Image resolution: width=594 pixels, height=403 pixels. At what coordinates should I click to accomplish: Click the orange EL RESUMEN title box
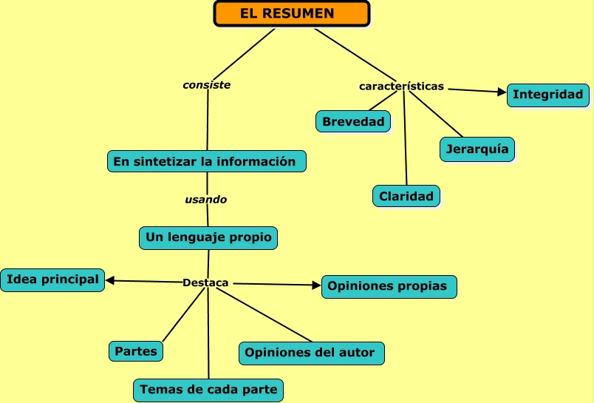coord(291,13)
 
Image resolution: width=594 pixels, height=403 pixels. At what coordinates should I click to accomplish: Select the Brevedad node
coord(353,121)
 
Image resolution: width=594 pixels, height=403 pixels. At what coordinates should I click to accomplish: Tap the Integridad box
coord(547,95)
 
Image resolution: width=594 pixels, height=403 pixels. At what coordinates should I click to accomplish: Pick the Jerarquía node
coord(477,149)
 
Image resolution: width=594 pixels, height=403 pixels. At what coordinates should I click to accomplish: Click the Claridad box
coord(406,196)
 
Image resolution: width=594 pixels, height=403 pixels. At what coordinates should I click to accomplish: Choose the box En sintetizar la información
coord(206,161)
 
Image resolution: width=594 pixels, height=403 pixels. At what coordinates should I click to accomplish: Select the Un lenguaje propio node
coord(208,237)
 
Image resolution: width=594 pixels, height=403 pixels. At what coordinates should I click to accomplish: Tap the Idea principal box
coord(52,280)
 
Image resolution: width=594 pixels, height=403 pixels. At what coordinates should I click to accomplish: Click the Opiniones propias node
coord(389,286)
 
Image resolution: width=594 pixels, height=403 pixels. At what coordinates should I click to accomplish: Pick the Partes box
coord(136,351)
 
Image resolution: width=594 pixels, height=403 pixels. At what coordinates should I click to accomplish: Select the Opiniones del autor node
coord(311,353)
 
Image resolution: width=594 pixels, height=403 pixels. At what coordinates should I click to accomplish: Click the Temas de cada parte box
coord(208,389)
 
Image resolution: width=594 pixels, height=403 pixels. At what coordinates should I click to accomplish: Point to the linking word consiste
coord(207,85)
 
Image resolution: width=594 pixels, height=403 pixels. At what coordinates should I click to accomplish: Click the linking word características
coord(401,87)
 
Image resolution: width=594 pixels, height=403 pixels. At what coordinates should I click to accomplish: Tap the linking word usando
coord(206,200)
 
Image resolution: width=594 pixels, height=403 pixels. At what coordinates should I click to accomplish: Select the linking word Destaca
coord(205,282)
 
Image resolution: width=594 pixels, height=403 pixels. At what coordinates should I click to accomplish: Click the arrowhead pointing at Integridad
coord(502,92)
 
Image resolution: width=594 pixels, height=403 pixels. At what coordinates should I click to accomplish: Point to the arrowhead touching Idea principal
coord(110,280)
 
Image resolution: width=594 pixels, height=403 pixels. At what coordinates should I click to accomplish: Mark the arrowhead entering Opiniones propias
coord(316,285)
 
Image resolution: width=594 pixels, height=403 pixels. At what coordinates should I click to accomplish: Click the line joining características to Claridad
coord(405,140)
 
